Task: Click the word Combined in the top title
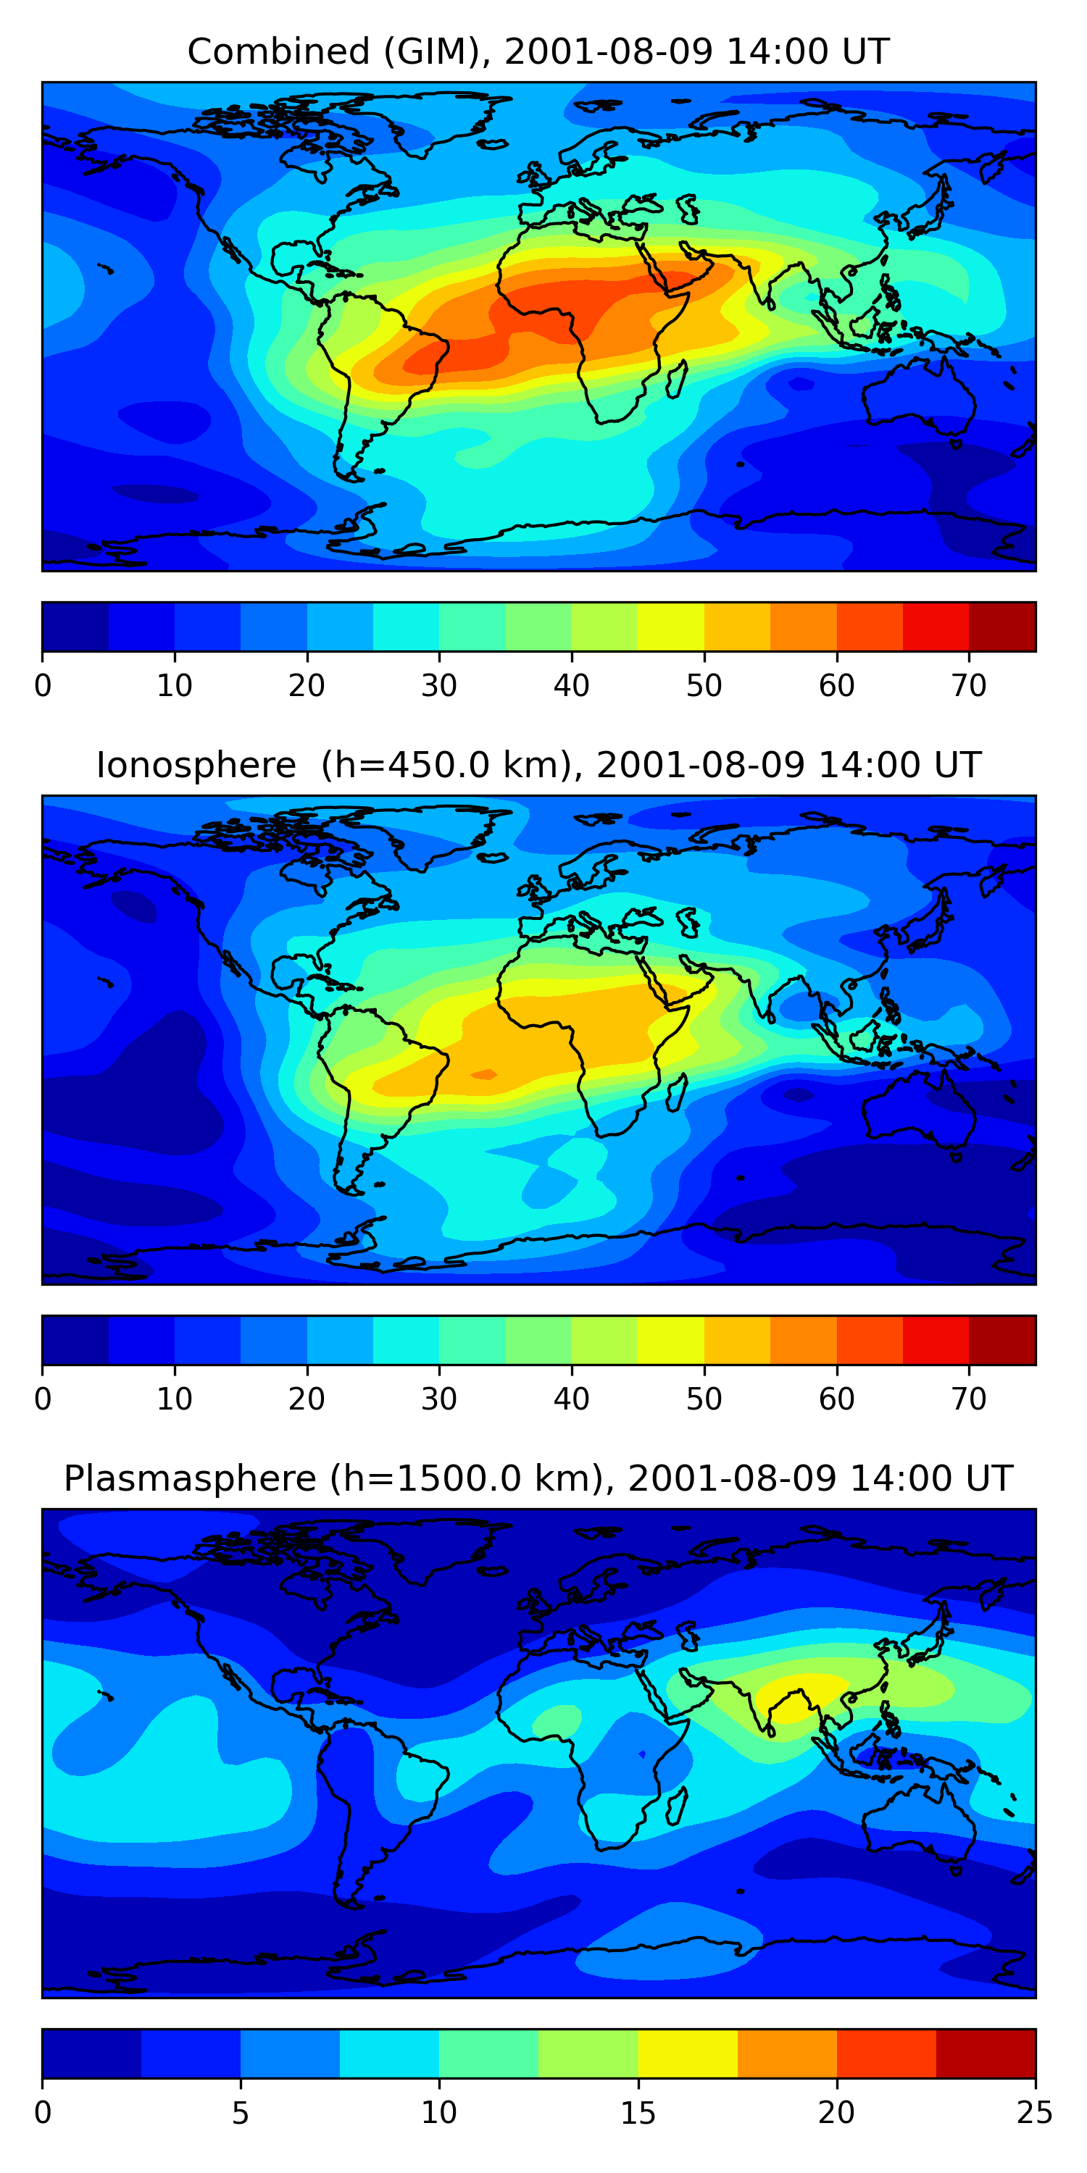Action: coord(278,52)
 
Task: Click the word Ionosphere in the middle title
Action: coord(196,765)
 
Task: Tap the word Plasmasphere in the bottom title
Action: coord(190,1479)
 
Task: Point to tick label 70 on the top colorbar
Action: coord(969,686)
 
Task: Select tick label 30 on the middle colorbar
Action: coord(439,1399)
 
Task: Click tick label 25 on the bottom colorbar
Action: coord(1035,2112)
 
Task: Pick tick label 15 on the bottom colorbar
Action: coord(638,2112)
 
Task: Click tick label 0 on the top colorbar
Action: coord(43,686)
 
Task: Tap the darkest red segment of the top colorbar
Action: coord(1001,627)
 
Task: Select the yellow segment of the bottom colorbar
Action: coord(688,2053)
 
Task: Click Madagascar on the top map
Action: coord(677,380)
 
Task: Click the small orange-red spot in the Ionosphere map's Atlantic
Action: coord(484,1074)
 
